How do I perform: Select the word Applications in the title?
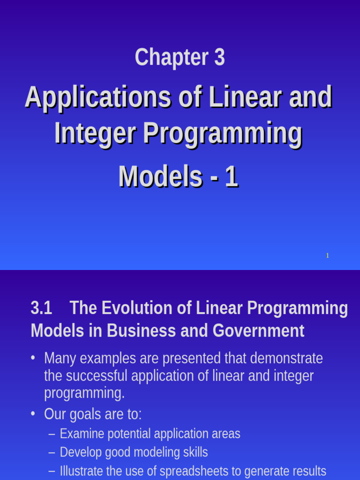97,97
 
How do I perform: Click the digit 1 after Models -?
231,177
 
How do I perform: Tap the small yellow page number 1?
327,255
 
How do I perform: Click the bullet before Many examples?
33,358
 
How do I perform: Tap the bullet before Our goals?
33,414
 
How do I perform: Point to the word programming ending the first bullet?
84,393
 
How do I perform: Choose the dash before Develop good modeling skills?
52,452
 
